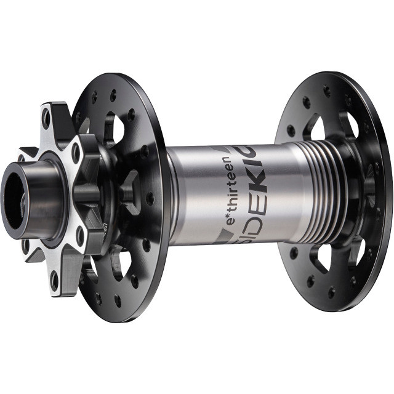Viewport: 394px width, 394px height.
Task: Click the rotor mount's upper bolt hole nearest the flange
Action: pos(76,153)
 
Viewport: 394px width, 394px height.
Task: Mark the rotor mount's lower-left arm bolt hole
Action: pos(25,246)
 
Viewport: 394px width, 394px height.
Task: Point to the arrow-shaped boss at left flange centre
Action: pos(127,194)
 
